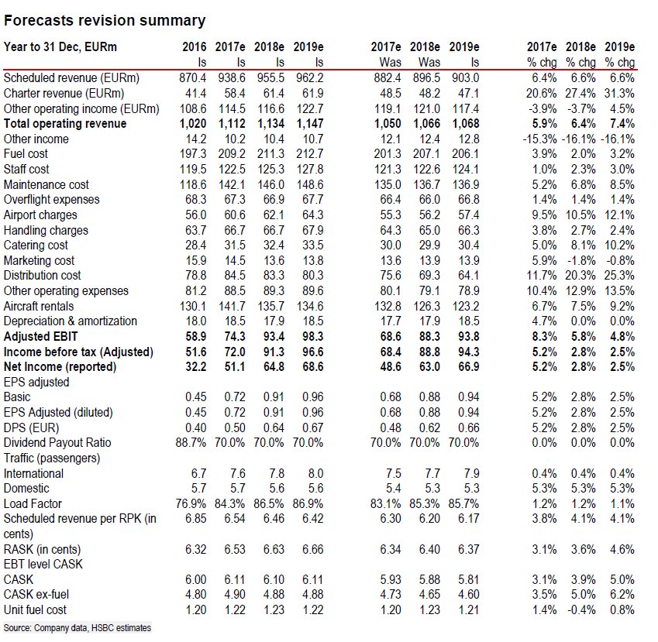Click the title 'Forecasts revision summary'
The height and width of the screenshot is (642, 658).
pyautogui.click(x=105, y=21)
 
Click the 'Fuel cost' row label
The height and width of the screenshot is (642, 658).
pyautogui.click(x=27, y=154)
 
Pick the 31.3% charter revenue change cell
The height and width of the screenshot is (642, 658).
pyautogui.click(x=620, y=93)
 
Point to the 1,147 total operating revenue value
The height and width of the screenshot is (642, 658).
pyautogui.click(x=308, y=124)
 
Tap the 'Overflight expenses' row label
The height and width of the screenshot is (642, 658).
pyautogui.click(x=51, y=200)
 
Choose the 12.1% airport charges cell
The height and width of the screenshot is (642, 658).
pyautogui.click(x=620, y=215)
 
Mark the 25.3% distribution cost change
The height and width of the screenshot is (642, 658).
pyautogui.click(x=620, y=276)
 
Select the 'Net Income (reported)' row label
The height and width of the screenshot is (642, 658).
pyautogui.click(x=60, y=367)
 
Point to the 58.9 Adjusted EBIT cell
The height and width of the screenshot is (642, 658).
pyautogui.click(x=192, y=337)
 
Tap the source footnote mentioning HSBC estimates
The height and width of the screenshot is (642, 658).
pyautogui.click(x=78, y=628)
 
